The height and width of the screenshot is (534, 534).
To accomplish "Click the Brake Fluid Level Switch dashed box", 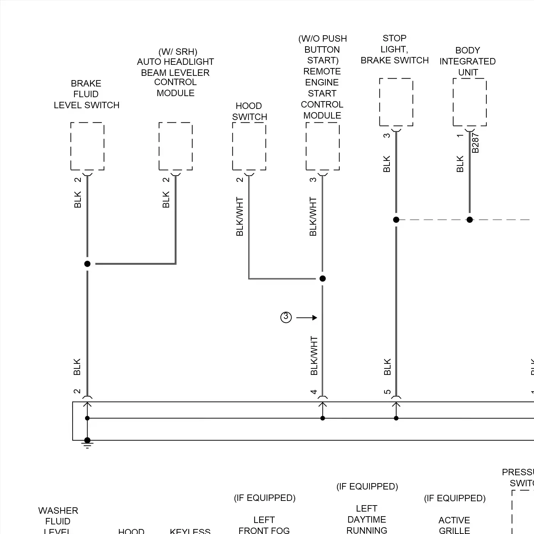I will click(87, 146).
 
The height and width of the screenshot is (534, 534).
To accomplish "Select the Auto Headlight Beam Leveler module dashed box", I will click(176, 146).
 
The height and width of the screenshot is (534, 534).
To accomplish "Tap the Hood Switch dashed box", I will click(249, 146).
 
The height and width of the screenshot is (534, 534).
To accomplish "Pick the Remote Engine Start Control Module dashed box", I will click(323, 146).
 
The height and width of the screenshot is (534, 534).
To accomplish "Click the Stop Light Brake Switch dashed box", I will click(396, 102).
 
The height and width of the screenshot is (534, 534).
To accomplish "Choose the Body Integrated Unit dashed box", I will click(470, 102).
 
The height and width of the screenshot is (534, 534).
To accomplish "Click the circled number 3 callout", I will click(286, 317).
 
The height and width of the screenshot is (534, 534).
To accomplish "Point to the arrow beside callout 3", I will click(307, 318).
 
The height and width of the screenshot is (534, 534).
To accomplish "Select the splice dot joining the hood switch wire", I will click(323, 278).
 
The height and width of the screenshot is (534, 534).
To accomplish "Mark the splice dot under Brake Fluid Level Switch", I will click(87, 264).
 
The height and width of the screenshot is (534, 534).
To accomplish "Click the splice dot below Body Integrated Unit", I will click(470, 220).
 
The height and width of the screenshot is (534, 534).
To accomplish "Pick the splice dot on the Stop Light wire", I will click(396, 220).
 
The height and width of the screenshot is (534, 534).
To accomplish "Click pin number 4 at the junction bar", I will click(313, 392).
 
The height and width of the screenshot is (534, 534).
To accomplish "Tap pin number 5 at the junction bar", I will click(387, 392).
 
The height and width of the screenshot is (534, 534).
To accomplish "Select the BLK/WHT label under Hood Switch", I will click(240, 216).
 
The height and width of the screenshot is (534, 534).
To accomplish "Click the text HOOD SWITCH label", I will click(249, 111).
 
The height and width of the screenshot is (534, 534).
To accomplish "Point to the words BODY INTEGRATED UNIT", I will click(467, 61).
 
